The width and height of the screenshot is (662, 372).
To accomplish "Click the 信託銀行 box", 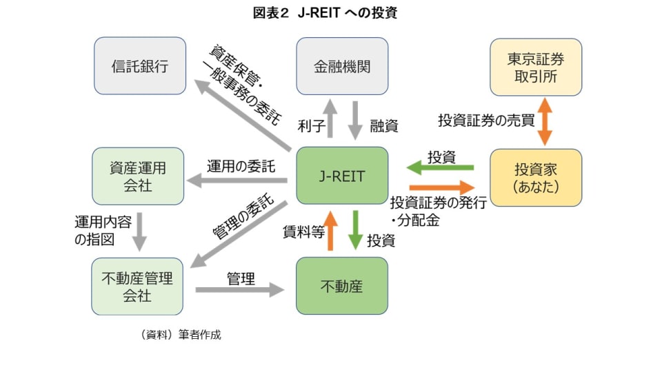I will pyautogui.click(x=140, y=66).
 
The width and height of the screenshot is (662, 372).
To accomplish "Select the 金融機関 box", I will pyautogui.click(x=342, y=66).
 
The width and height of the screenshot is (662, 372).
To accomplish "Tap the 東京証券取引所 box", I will pyautogui.click(x=535, y=66).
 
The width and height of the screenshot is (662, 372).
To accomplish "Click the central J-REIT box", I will pyautogui.click(x=342, y=176).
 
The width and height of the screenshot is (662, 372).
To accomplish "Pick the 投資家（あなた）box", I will pyautogui.click(x=535, y=177).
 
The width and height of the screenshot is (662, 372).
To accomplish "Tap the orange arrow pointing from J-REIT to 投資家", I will pyautogui.click(x=442, y=187).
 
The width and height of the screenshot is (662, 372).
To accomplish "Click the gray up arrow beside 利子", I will pyautogui.click(x=330, y=118).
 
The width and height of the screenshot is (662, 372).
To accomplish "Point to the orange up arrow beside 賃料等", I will pyautogui.click(x=330, y=231).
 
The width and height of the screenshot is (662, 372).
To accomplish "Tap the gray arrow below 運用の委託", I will pyautogui.click(x=238, y=181).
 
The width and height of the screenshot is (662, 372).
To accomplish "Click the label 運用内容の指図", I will pyautogui.click(x=104, y=231).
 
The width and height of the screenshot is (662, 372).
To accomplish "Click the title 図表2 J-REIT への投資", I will pyautogui.click(x=332, y=13).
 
